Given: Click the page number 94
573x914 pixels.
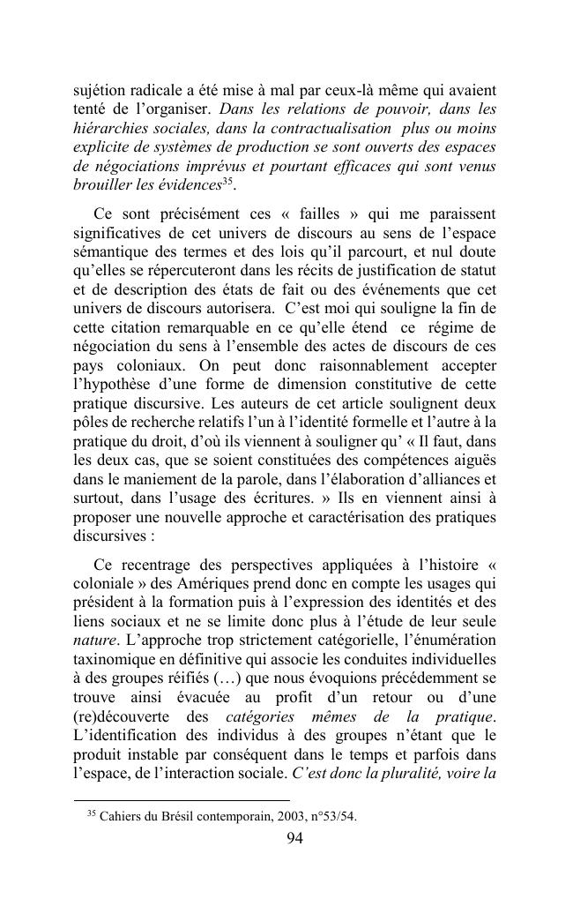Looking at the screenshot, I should [x=295, y=839].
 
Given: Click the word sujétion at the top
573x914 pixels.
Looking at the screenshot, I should [x=100, y=90].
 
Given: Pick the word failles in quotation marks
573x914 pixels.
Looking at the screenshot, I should [x=326, y=214].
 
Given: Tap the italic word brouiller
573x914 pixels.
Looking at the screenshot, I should [x=100, y=186].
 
